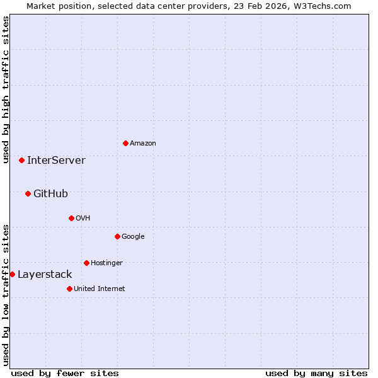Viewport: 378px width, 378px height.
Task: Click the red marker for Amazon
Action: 125,143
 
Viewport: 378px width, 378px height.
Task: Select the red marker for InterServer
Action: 21,160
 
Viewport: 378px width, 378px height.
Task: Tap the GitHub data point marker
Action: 28,193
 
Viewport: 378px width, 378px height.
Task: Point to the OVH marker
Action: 71,218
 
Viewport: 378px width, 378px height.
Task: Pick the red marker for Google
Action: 117,236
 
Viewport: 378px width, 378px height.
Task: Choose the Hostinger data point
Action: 86,263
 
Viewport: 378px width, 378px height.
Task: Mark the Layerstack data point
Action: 12,274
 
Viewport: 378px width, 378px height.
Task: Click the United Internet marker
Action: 69,289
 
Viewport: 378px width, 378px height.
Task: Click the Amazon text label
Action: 143,144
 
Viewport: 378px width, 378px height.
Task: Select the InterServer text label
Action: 56,161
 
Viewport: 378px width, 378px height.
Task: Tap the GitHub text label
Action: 50,194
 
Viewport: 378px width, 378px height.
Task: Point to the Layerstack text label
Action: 45,275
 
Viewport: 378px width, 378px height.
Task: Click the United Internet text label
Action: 100,289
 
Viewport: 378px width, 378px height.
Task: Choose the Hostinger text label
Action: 106,263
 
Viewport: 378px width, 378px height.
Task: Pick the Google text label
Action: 133,237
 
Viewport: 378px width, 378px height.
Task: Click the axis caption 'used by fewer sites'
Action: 65,373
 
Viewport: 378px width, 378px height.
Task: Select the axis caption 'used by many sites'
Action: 316,373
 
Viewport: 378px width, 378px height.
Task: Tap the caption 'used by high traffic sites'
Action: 6,89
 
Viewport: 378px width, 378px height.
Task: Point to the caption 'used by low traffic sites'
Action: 6,295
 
